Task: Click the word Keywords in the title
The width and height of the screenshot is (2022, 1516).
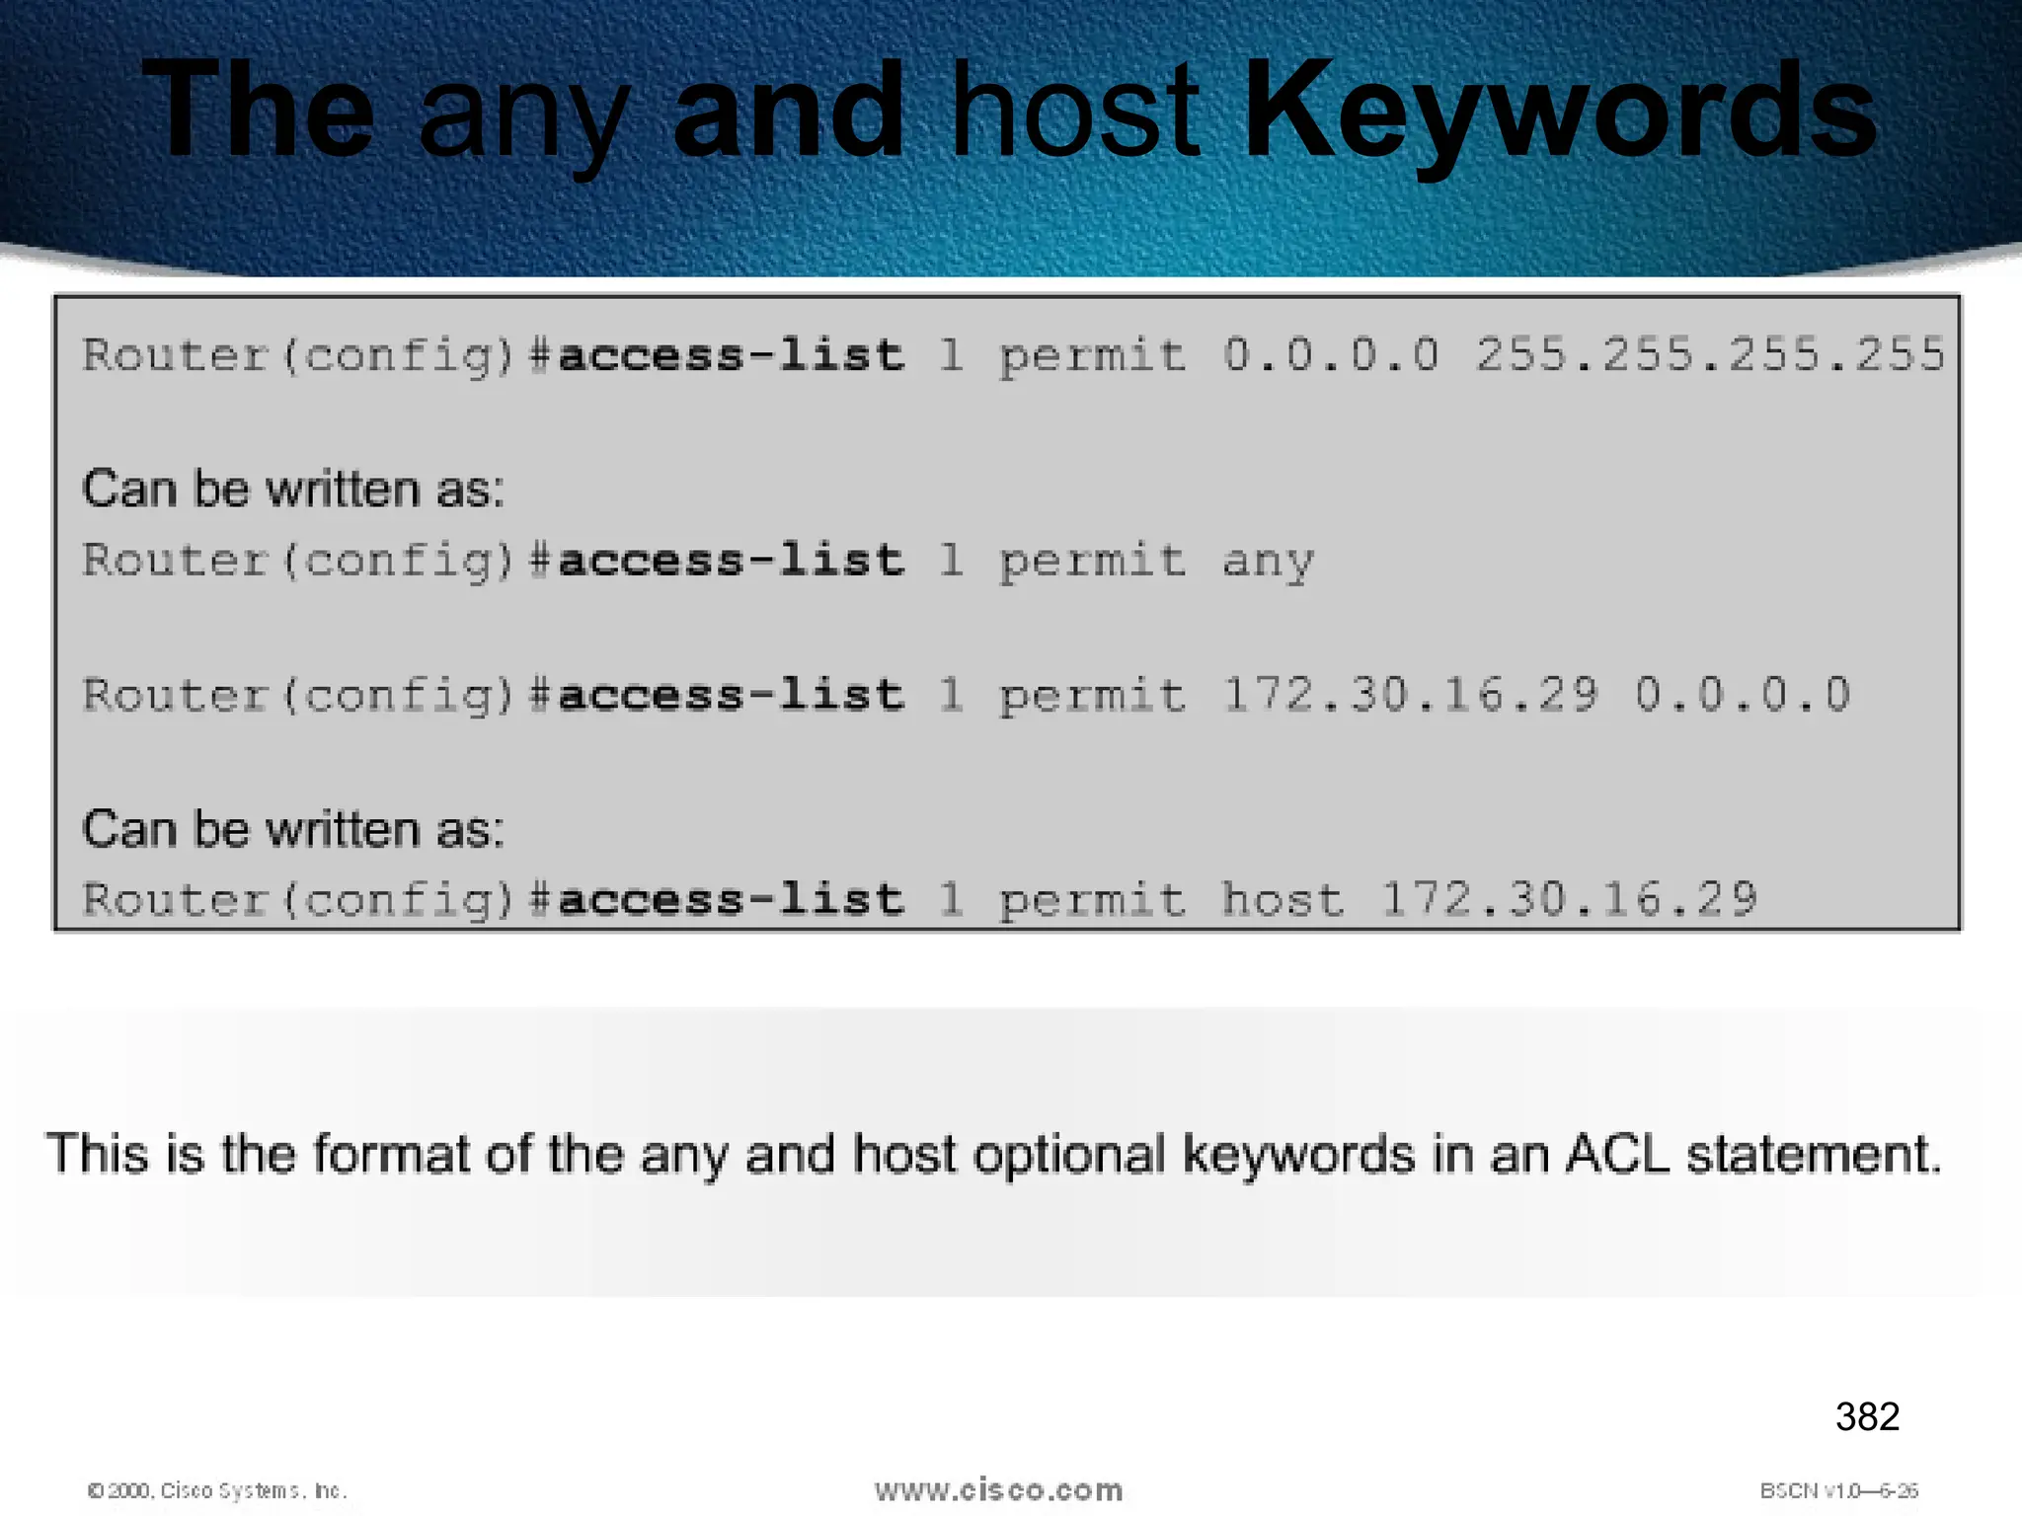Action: [x=1560, y=111]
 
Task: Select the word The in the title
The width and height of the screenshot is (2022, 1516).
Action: [x=258, y=111]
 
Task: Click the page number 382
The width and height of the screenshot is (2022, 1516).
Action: [x=1867, y=1417]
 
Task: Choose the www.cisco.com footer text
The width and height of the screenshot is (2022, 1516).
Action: [x=998, y=1490]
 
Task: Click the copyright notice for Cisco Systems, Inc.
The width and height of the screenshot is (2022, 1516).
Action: [x=217, y=1490]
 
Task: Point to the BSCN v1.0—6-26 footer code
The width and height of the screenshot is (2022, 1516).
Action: [x=1838, y=1490]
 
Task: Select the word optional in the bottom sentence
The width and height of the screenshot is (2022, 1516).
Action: [x=1069, y=1154]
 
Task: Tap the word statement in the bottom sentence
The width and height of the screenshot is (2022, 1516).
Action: [x=1814, y=1154]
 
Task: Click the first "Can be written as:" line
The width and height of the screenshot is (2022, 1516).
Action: [x=293, y=489]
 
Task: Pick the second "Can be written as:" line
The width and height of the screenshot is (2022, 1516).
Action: [x=293, y=829]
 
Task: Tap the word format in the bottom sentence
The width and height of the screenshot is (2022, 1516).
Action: [x=391, y=1154]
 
